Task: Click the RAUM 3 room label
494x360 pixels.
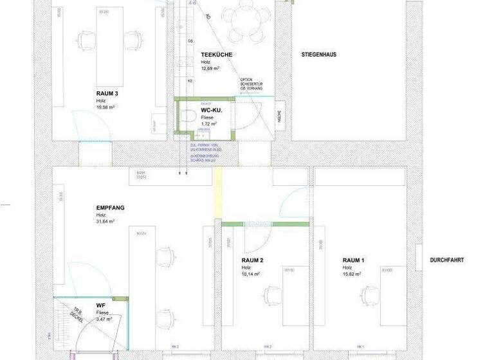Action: click(x=107, y=93)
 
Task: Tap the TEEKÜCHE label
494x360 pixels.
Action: click(x=215, y=55)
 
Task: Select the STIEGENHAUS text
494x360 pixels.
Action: click(x=318, y=55)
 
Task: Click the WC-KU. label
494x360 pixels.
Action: click(x=211, y=111)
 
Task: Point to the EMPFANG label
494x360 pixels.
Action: click(x=110, y=208)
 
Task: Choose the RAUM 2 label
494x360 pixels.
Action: click(x=253, y=260)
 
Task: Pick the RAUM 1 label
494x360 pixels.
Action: click(x=354, y=260)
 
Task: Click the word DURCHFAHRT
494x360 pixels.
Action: click(x=447, y=260)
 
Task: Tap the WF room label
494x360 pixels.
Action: click(x=100, y=305)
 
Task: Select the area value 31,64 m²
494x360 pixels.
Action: click(x=105, y=222)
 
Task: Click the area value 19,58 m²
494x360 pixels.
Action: click(x=105, y=107)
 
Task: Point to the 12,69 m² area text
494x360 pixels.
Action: click(x=210, y=68)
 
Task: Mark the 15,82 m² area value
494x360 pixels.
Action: click(x=352, y=274)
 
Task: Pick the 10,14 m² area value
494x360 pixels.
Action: click(x=251, y=274)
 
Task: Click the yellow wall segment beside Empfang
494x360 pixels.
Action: click(x=217, y=193)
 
